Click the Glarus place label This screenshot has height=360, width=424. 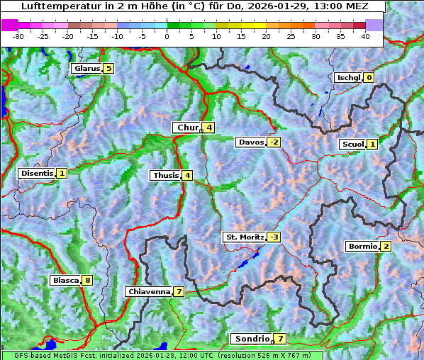[x=86, y=69]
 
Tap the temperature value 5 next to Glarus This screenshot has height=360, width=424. [x=108, y=69]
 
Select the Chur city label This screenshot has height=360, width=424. [x=188, y=128]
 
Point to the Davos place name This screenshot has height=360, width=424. [x=251, y=142]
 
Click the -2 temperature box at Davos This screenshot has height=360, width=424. [x=274, y=142]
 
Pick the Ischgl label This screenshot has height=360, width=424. [x=348, y=78]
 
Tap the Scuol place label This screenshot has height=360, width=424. [x=352, y=145]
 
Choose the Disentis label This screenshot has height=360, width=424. [x=37, y=173]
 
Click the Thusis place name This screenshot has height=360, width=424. [x=165, y=175]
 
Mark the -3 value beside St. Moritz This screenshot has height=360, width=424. [x=274, y=237]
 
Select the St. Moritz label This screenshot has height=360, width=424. [x=245, y=237]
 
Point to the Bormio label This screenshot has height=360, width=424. [x=362, y=247]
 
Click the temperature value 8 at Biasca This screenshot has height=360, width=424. [x=87, y=281]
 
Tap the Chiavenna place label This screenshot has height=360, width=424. [x=148, y=291]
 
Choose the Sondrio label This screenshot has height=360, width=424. [x=252, y=339]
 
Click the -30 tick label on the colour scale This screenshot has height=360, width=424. [x=18, y=36]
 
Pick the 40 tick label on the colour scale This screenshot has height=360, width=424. [x=365, y=36]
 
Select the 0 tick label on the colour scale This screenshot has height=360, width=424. [x=167, y=36]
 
